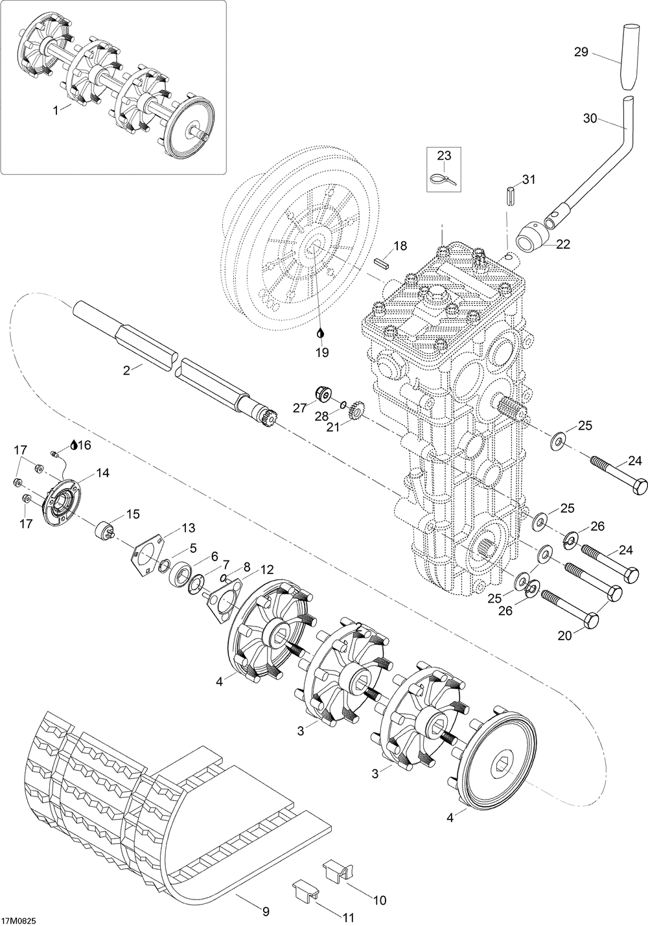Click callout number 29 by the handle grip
[x=581, y=52]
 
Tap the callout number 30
[x=590, y=118]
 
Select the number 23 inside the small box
[x=445, y=156]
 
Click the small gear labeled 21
[x=355, y=410]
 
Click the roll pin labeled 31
[x=509, y=194]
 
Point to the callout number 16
[x=84, y=445]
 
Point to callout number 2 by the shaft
[x=126, y=370]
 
